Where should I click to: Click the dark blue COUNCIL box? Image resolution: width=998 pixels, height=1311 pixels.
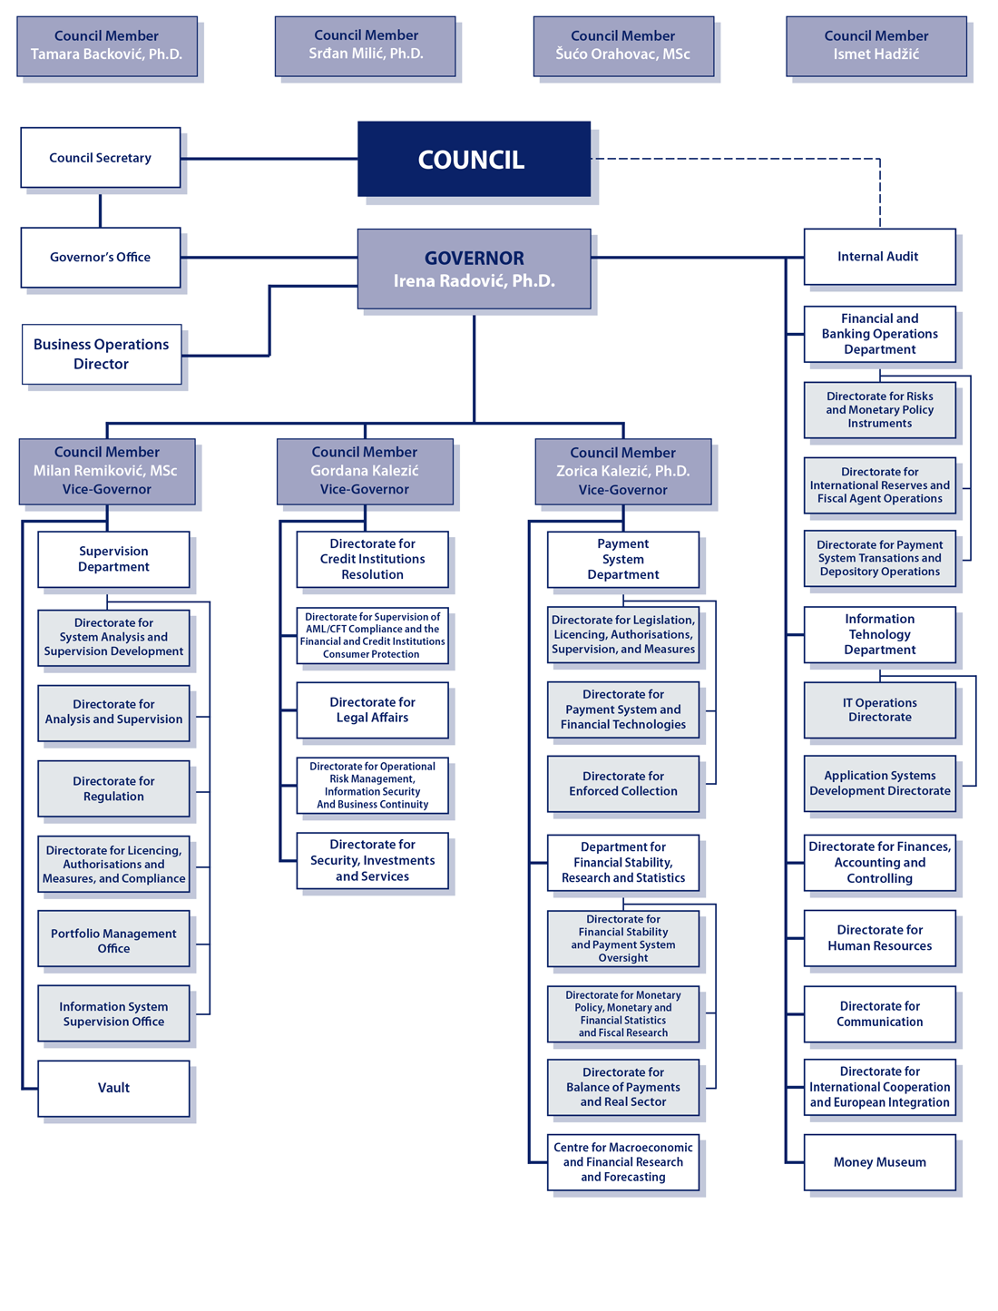[x=474, y=159]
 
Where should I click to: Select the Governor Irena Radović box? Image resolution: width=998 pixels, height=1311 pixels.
[x=474, y=269]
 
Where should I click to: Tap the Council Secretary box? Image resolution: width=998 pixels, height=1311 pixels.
[x=100, y=158]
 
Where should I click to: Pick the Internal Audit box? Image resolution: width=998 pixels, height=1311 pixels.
[x=879, y=257]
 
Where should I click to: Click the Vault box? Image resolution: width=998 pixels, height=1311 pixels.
[x=113, y=1088]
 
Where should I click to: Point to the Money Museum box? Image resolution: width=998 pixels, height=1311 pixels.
[x=879, y=1162]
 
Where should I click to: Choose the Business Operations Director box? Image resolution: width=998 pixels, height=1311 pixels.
[x=101, y=354]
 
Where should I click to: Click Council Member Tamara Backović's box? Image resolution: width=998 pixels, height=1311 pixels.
[x=106, y=45]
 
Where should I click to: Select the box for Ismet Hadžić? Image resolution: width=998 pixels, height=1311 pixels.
[x=876, y=45]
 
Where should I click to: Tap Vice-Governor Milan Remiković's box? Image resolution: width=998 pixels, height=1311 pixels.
[x=106, y=471]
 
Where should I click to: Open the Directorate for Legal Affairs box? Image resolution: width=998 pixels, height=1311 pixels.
[x=372, y=709]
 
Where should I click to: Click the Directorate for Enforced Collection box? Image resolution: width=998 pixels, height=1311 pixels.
[x=622, y=783]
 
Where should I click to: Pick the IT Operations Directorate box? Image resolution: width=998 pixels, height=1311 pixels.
[x=879, y=709]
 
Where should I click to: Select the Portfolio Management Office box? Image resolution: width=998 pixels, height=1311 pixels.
[x=113, y=940]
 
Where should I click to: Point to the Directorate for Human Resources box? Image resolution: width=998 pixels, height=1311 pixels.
[x=879, y=937]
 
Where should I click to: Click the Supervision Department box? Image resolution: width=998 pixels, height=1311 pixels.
[x=113, y=559]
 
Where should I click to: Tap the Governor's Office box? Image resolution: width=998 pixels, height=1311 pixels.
[x=100, y=258]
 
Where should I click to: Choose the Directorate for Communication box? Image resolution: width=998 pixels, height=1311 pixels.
[x=879, y=1013]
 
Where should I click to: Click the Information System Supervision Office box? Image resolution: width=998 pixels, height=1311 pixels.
[x=113, y=1013]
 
